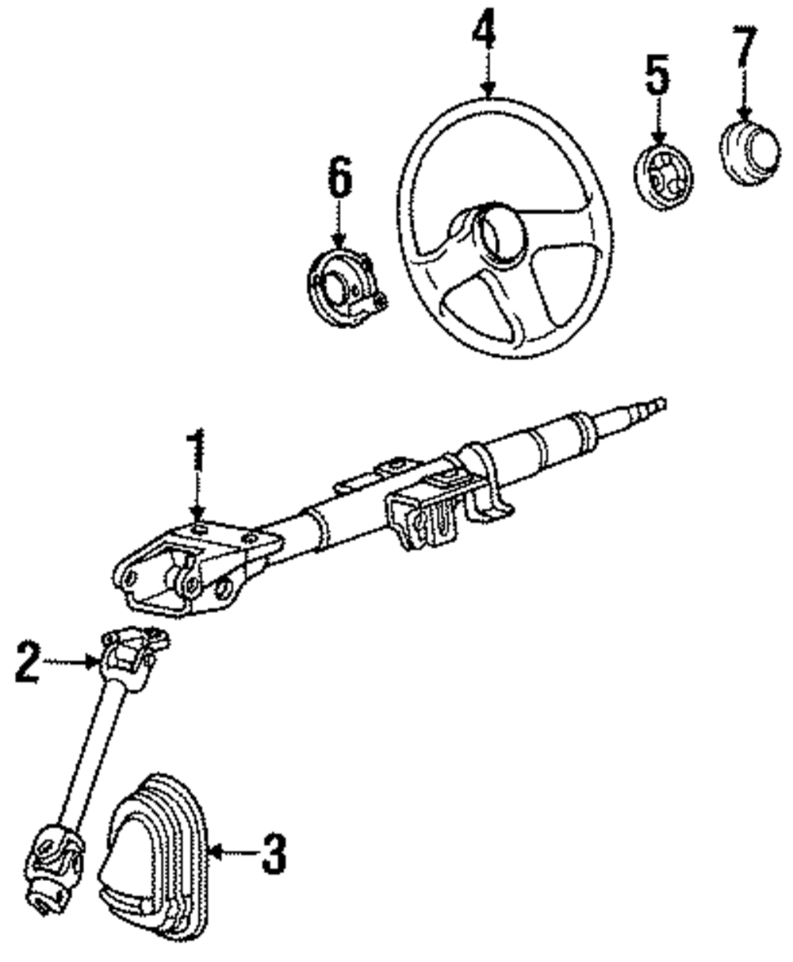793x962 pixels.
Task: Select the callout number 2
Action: pos(27,663)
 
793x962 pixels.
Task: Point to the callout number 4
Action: pos(485,32)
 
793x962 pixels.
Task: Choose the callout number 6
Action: pos(339,178)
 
